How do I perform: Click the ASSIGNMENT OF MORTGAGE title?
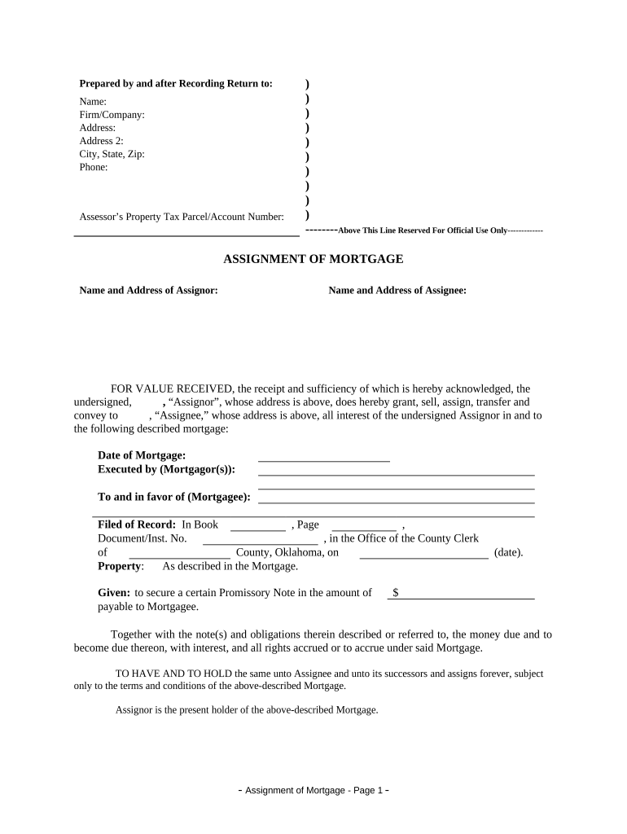pyautogui.click(x=313, y=259)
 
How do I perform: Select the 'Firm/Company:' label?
pyautogui.click(x=112, y=115)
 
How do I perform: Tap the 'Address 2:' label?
pyautogui.click(x=101, y=141)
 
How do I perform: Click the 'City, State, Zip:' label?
pyautogui.click(x=112, y=154)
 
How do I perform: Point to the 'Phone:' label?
pyautogui.click(x=93, y=167)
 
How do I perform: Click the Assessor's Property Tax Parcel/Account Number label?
pyautogui.click(x=182, y=217)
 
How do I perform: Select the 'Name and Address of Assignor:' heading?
pyautogui.click(x=148, y=290)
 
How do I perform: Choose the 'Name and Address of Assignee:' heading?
pyautogui.click(x=397, y=290)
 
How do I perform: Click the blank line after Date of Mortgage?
pyautogui.click(x=323, y=458)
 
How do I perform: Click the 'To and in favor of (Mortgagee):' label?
pyautogui.click(x=174, y=497)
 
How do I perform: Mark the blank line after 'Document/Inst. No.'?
pyautogui.click(x=260, y=540)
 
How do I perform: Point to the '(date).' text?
pyautogui.click(x=509, y=552)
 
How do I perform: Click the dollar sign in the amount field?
pyautogui.click(x=395, y=593)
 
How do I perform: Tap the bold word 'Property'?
pyautogui.click(x=120, y=566)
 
